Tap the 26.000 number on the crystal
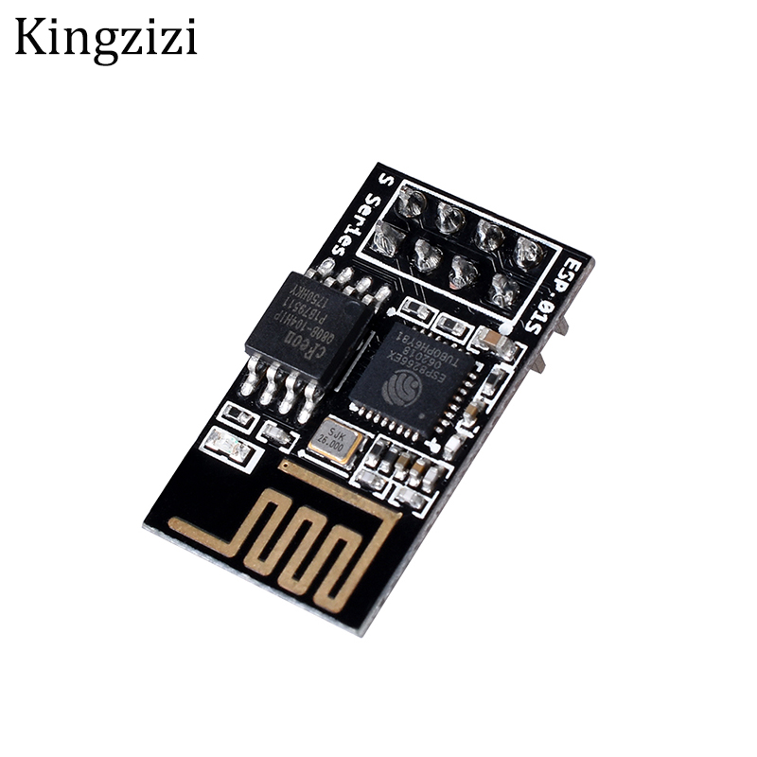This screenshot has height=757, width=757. pyautogui.click(x=332, y=445)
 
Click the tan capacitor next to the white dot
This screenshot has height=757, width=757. pyautogui.click(x=491, y=338)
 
